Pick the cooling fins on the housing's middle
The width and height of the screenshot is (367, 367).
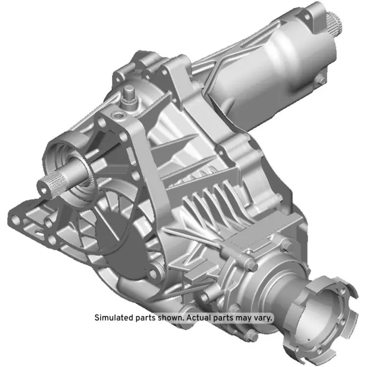212,206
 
